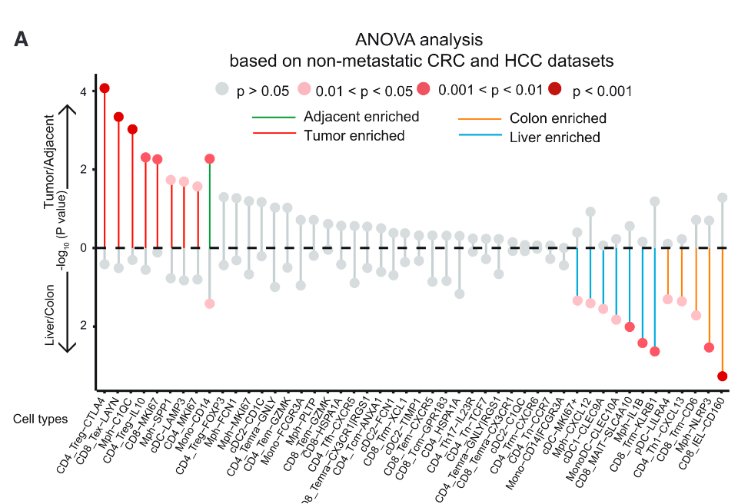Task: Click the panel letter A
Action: tap(22, 39)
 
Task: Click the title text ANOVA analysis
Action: tap(419, 39)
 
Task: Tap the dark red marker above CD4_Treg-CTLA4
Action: tap(105, 88)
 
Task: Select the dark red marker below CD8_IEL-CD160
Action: tap(723, 376)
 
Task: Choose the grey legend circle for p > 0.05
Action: tap(223, 90)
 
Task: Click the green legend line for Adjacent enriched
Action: tap(274, 118)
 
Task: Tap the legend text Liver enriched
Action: tap(554, 138)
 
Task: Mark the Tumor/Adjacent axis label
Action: tap(51, 161)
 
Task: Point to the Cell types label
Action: tap(40, 419)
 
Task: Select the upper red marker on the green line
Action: tap(210, 159)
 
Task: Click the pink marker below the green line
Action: tap(210, 303)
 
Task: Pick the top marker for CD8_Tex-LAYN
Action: tap(118, 117)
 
